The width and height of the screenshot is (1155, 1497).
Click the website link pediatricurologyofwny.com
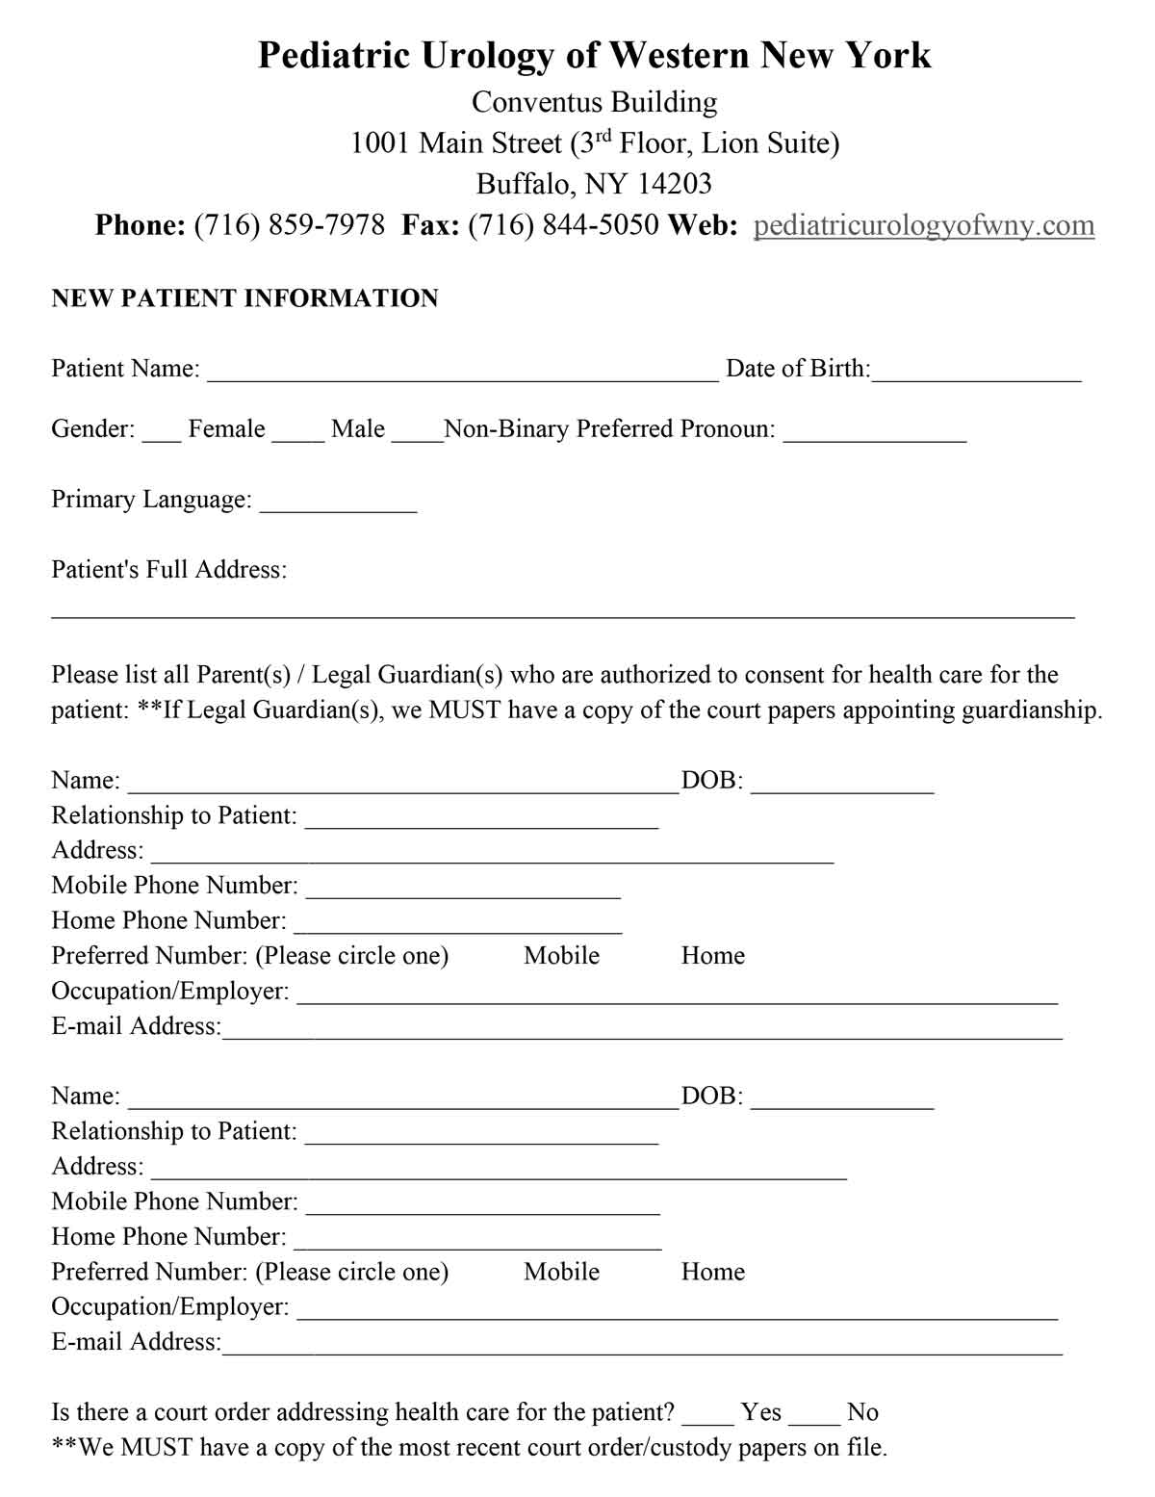pos(923,225)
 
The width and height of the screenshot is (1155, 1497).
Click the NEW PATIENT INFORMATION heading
pos(244,298)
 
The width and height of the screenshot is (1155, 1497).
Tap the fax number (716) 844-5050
pos(563,225)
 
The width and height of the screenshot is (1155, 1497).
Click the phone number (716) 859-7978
pos(289,225)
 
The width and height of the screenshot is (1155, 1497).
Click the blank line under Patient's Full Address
pos(563,610)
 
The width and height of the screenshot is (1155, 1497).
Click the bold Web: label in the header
pos(703,225)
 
